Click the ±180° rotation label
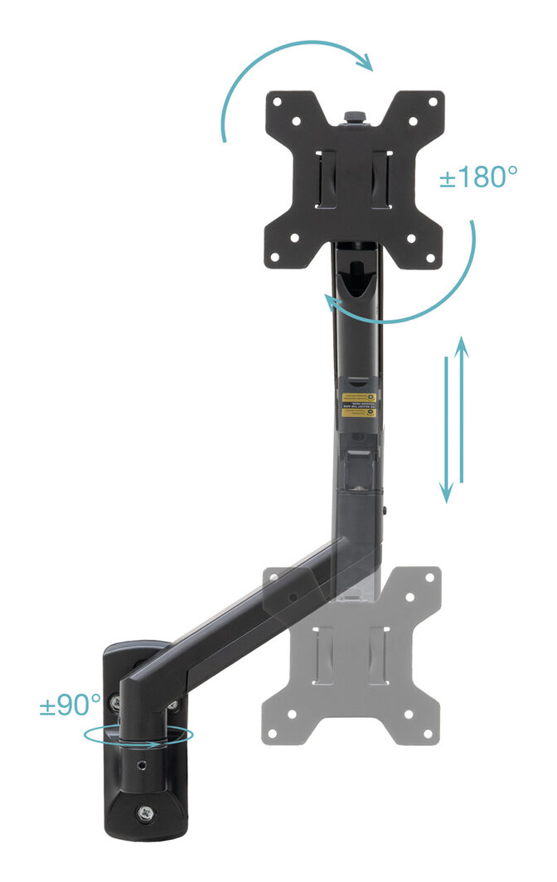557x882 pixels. [478, 177]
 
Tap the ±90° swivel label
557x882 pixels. [70, 705]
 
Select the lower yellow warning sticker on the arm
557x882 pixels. [360, 412]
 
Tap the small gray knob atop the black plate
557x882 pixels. [354, 115]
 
